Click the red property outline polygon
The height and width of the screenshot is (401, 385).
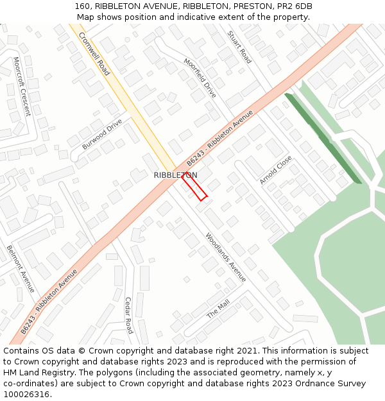click(194, 187)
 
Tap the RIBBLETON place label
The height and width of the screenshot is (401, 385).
click(175, 175)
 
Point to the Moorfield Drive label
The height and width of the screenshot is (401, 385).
click(200, 78)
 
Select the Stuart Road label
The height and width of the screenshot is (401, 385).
click(240, 47)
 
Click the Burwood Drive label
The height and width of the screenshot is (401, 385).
click(102, 133)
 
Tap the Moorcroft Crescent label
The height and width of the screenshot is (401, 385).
click(22, 86)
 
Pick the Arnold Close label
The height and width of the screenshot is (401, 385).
click(276, 170)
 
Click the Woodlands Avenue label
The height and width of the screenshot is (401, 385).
click(226, 257)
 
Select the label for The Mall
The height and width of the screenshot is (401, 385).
click(218, 309)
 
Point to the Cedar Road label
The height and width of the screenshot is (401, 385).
click(128, 315)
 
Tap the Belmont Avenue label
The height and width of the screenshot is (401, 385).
click(21, 268)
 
